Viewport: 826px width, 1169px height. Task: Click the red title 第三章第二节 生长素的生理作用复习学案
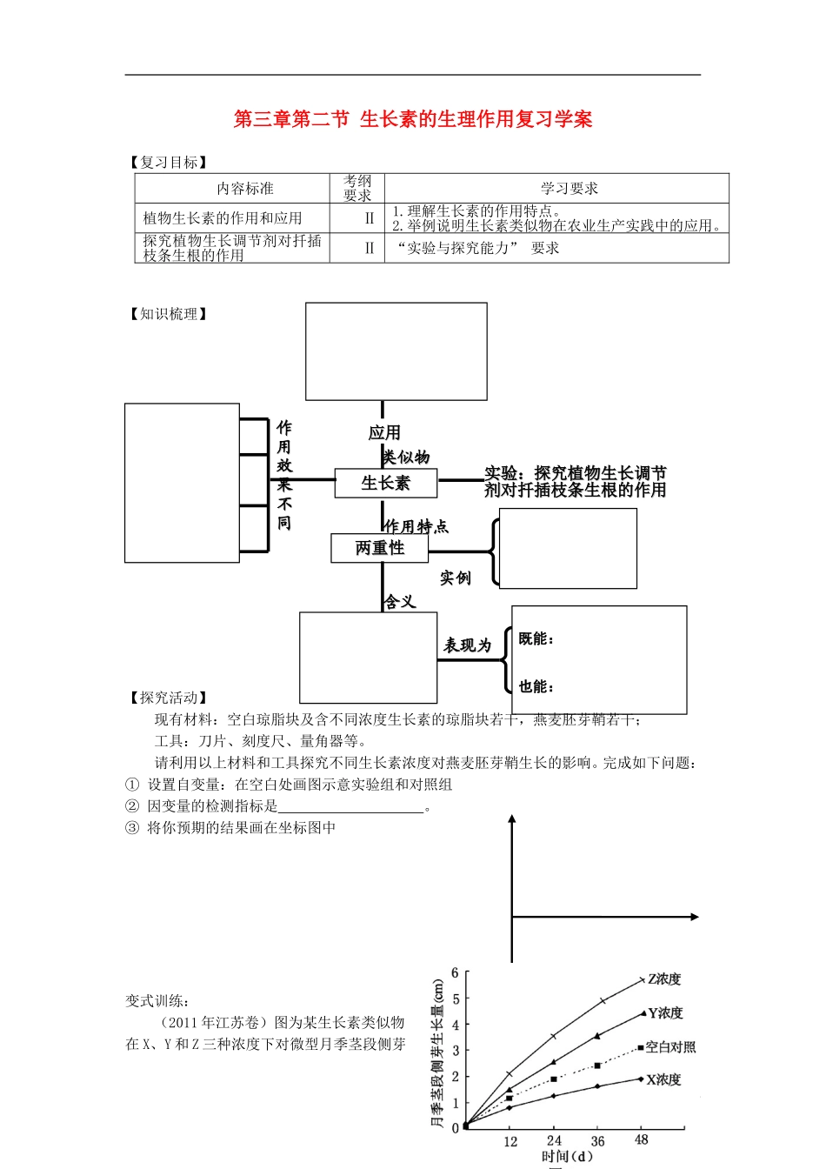(x=413, y=119)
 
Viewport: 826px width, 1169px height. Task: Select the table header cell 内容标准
(x=245, y=189)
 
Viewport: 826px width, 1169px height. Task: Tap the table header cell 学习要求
(x=570, y=189)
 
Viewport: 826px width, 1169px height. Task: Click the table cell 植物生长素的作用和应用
(x=223, y=218)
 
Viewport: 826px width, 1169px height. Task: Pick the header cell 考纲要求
(x=357, y=188)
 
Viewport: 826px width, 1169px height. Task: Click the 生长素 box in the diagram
(x=385, y=483)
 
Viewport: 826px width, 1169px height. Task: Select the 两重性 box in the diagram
(x=380, y=548)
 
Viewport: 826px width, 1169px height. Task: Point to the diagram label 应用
(x=384, y=433)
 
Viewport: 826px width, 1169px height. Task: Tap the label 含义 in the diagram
(x=400, y=602)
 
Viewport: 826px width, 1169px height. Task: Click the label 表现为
(x=468, y=645)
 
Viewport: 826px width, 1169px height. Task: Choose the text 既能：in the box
(x=536, y=639)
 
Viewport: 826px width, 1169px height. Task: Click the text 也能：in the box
(x=536, y=687)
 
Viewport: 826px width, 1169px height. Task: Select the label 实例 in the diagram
(x=456, y=578)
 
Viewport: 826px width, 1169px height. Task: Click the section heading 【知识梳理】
(x=169, y=314)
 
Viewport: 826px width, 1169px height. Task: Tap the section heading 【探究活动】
(x=169, y=698)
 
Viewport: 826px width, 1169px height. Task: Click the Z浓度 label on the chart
(x=664, y=979)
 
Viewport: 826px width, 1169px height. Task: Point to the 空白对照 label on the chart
(x=670, y=1047)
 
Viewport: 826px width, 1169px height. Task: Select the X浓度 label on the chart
(x=663, y=1079)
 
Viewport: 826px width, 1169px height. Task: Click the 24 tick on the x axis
(x=554, y=1140)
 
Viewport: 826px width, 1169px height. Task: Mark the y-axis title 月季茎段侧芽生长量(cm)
(x=438, y=1052)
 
